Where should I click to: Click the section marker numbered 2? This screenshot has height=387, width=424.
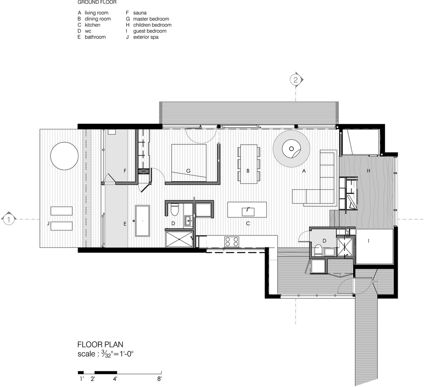coord(295,80)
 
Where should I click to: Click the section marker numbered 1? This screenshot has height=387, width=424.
coord(8,219)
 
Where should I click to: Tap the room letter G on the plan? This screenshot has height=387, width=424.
coord(188,171)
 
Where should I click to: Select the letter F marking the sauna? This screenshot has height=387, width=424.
coord(125,171)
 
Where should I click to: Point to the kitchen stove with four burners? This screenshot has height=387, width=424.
coord(232,241)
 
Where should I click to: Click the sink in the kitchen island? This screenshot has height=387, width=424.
coord(248,212)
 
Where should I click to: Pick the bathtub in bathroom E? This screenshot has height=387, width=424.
coord(142,221)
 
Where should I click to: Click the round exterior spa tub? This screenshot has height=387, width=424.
coord(64,156)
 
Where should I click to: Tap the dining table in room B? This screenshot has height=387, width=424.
coord(249,164)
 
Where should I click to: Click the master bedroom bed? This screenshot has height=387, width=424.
coord(189,163)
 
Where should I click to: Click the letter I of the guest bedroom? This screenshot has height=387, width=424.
coord(368,241)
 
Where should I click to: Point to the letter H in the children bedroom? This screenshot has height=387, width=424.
coord(368,171)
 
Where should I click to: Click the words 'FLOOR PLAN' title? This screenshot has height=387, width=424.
coord(100,345)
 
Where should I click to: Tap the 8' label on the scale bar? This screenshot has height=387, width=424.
coord(159,379)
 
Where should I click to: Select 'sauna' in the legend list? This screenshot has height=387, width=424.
coord(140,13)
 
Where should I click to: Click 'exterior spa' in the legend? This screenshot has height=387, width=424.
coord(146,37)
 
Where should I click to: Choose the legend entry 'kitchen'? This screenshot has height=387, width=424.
coord(92,25)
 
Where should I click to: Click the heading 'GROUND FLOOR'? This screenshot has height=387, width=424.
coord(97,2)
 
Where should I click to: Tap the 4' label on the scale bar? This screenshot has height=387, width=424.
coord(115,379)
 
